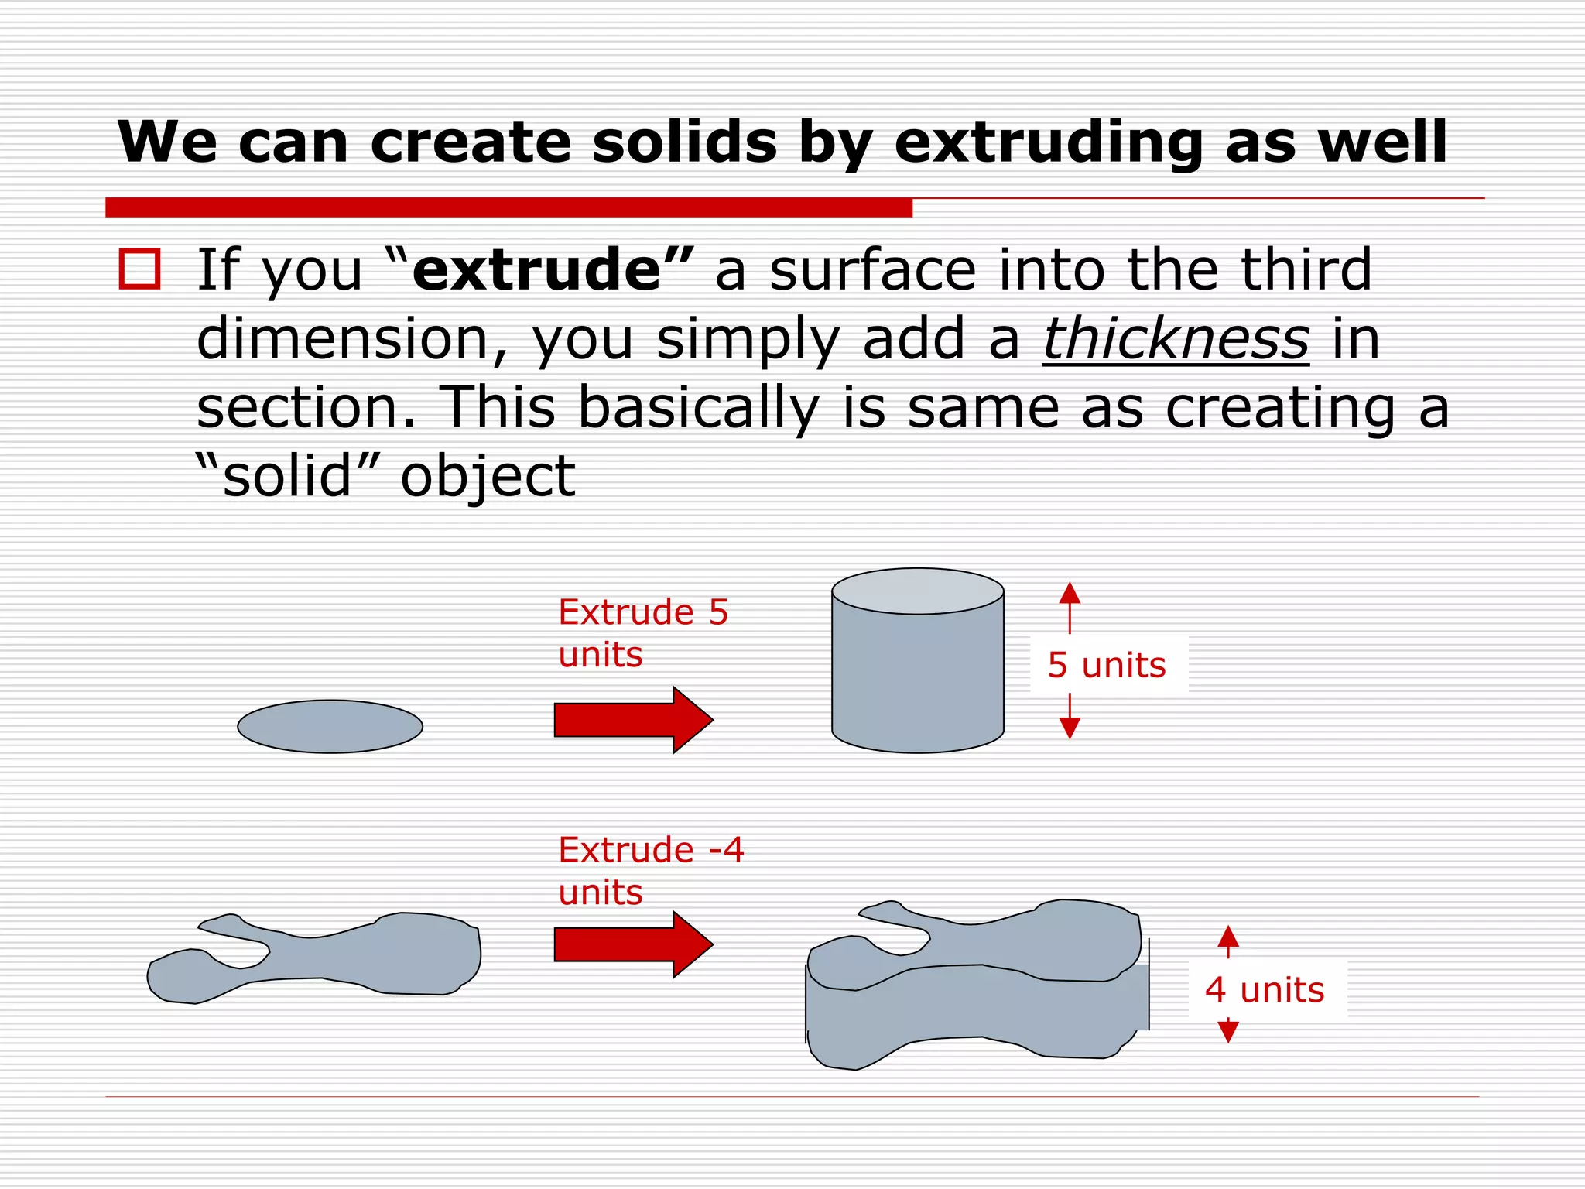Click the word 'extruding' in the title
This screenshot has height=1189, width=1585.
(1048, 144)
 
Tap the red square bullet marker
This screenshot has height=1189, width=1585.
(140, 269)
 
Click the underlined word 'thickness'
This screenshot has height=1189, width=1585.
(1176, 339)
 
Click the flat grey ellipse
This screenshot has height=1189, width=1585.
(330, 726)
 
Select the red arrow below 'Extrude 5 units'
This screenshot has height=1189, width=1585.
(632, 719)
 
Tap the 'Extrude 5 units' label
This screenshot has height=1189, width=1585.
(642, 633)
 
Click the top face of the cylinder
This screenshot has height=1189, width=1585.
(918, 591)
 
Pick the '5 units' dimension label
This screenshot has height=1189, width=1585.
(1107, 665)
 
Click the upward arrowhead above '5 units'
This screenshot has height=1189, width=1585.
(1070, 594)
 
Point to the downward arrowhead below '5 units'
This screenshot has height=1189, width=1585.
(1070, 727)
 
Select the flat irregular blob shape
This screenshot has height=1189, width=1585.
(325, 956)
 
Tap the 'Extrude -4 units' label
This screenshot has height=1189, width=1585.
(650, 871)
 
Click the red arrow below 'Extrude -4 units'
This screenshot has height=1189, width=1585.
(632, 944)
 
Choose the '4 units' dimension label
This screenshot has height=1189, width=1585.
(1265, 990)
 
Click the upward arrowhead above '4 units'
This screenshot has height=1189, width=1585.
(1228, 937)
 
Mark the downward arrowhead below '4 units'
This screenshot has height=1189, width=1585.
(1228, 1031)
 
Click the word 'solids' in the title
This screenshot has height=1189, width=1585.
(684, 142)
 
